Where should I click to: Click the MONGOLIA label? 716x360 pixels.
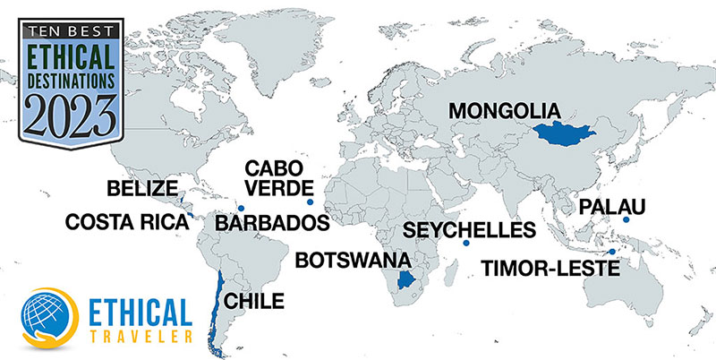click(504, 111)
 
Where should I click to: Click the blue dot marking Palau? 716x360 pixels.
click(626, 220)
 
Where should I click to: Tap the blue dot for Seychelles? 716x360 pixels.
click(465, 244)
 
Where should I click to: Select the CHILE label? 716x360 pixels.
click(255, 300)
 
